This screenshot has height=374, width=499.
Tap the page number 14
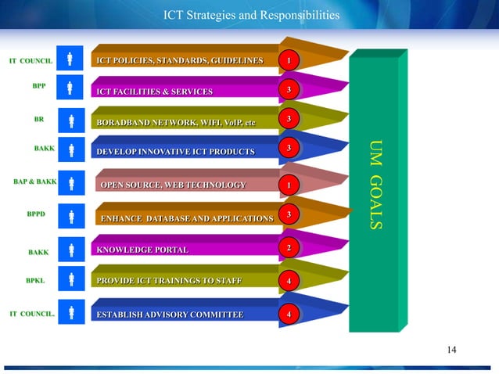tap(451, 349)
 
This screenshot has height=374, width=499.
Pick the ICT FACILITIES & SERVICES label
tap(154, 92)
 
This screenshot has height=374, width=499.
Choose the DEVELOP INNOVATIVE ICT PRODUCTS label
tap(175, 150)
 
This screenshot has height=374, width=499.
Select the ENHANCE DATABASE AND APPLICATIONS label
tap(186, 215)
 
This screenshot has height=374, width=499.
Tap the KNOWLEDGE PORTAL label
tap(142, 250)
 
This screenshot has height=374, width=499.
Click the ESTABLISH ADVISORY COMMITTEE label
tap(169, 315)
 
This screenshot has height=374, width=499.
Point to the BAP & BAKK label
tap(34, 182)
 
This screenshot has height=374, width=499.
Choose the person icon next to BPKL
tap(71, 279)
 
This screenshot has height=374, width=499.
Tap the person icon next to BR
tap(71, 120)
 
